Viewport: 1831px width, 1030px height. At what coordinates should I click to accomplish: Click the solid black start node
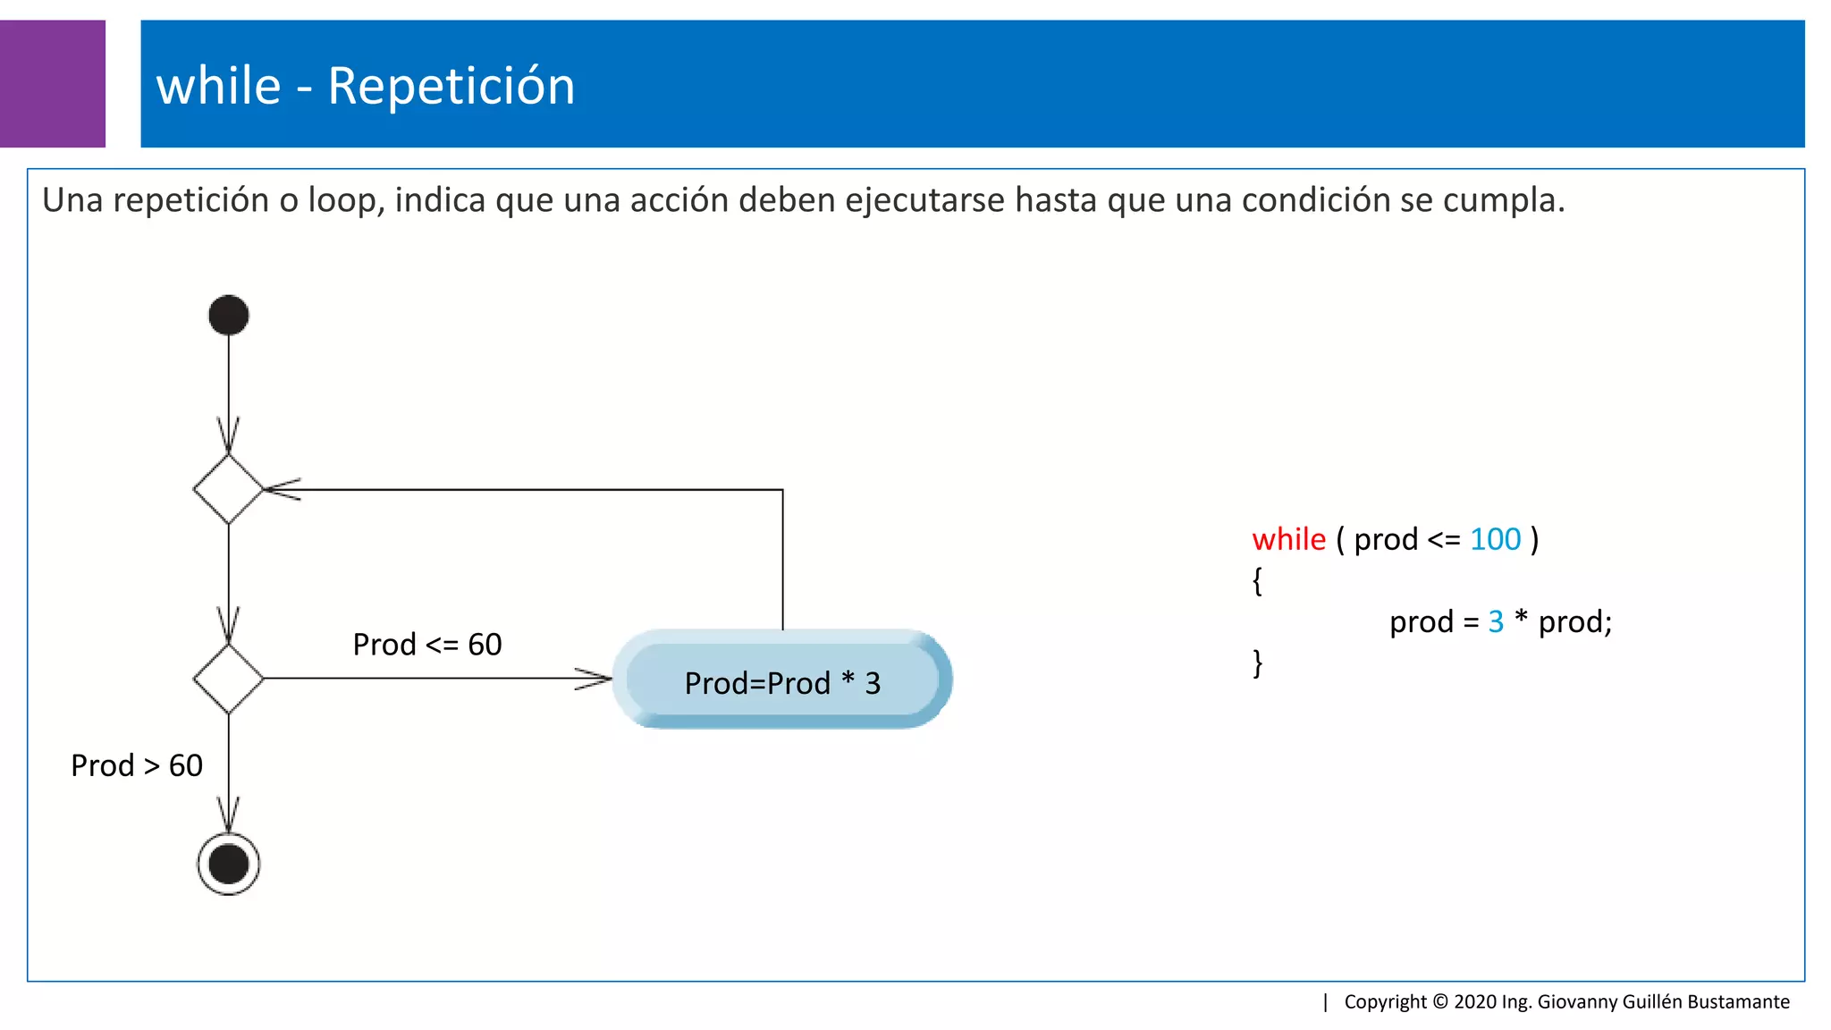(x=228, y=315)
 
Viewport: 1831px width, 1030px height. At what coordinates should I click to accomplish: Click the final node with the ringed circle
(x=228, y=864)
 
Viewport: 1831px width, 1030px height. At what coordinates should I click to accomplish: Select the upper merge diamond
(x=228, y=489)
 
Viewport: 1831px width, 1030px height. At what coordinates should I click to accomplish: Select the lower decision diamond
(x=228, y=679)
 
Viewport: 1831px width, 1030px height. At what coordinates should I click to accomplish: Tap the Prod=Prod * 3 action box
(x=782, y=682)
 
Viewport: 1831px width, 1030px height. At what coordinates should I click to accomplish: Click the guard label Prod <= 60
(x=426, y=645)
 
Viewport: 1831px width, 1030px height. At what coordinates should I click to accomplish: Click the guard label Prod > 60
(x=136, y=765)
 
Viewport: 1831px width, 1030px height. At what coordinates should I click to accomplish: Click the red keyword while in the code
(x=1288, y=539)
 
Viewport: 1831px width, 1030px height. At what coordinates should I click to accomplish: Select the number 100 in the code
(x=1495, y=539)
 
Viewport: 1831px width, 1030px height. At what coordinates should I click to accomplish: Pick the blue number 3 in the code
(x=1496, y=621)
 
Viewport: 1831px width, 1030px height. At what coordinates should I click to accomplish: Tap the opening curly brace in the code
(x=1257, y=581)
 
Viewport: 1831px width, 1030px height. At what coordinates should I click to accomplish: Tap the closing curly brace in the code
(x=1257, y=663)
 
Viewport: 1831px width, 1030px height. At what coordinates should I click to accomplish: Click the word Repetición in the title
(x=451, y=86)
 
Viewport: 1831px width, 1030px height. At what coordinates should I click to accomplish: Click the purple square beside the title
(x=52, y=83)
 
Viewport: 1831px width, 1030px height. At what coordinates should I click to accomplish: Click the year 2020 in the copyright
(x=1475, y=1001)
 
